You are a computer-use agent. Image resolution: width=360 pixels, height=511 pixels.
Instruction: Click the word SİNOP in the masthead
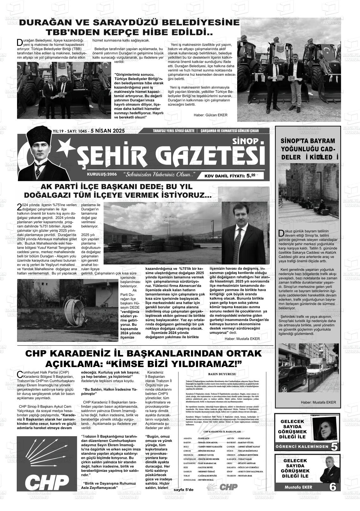tap(245, 141)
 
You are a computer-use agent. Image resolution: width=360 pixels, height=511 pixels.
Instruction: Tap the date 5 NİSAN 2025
tap(108, 131)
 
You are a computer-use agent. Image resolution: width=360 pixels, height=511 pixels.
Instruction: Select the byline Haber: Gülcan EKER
tap(210, 115)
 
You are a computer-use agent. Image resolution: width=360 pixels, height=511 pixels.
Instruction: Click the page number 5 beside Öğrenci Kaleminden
tap(334, 447)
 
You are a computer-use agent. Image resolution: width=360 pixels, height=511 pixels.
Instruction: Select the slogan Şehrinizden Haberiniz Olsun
tap(159, 174)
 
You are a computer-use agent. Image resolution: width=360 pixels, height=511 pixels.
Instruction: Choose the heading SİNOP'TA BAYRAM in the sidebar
tap(303, 141)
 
